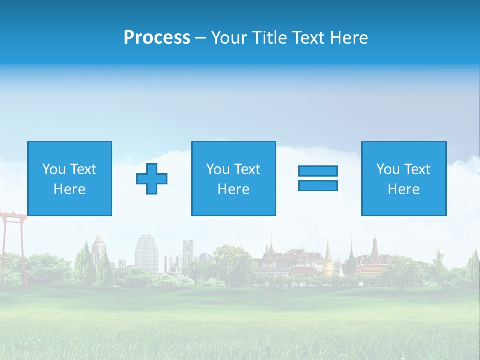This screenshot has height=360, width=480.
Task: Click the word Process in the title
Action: pos(157,38)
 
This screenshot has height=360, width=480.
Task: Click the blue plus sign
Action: pos(152,179)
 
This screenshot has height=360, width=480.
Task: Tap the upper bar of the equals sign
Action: pos(318,171)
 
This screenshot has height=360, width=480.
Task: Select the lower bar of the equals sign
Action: pos(318,185)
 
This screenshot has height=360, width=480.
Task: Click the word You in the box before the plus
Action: pos(54,169)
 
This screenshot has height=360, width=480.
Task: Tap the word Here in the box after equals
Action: pos(403,189)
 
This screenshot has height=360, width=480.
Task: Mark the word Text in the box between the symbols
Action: pos(247,169)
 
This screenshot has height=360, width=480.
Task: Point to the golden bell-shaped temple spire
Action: pos(328,260)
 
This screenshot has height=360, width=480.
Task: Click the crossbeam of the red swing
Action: pos(12,214)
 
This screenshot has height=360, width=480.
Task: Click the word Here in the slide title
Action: pos(348,38)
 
